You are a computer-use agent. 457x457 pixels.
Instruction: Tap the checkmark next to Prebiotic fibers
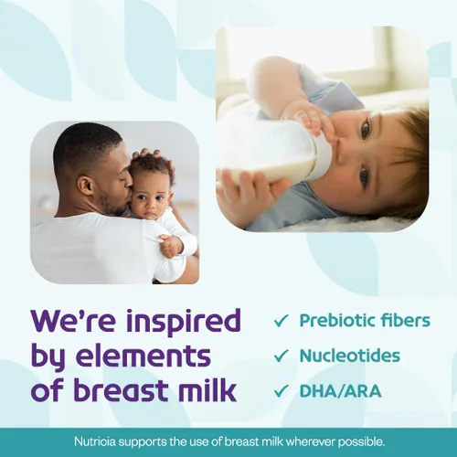click(x=282, y=321)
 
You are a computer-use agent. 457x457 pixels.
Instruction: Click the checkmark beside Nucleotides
click(x=282, y=356)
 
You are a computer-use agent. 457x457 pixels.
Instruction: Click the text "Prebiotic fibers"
click(x=365, y=321)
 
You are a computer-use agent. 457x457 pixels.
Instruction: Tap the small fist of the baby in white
click(x=171, y=244)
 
